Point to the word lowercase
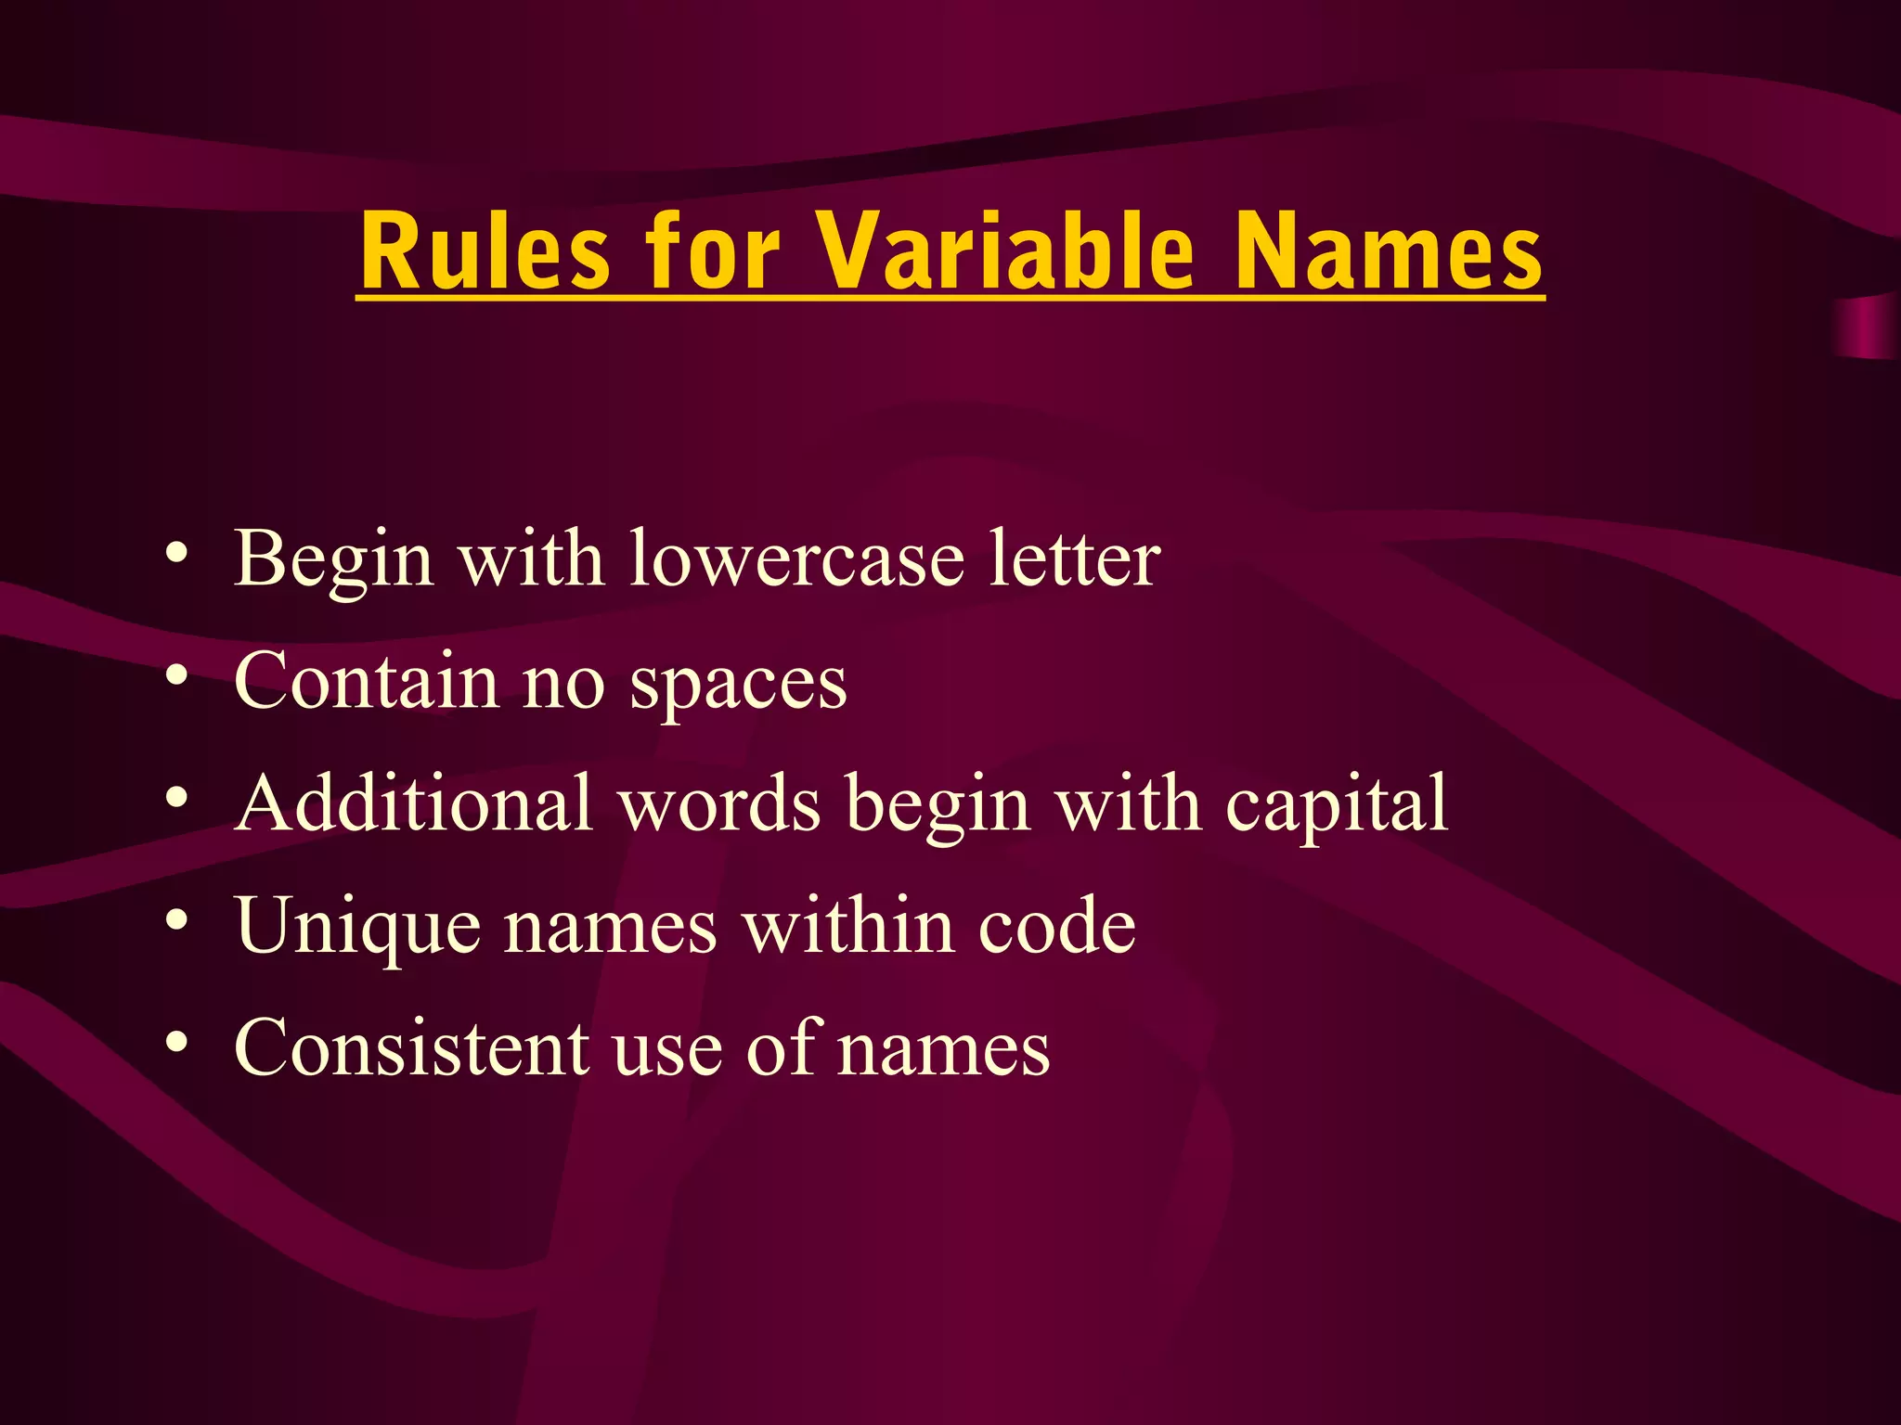pyautogui.click(x=797, y=559)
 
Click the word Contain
pyautogui.click(x=367, y=681)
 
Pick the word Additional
pyautogui.click(x=414, y=802)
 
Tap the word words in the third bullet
pyautogui.click(x=720, y=803)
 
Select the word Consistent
pyautogui.click(x=411, y=1048)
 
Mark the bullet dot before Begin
pyautogui.click(x=177, y=554)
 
